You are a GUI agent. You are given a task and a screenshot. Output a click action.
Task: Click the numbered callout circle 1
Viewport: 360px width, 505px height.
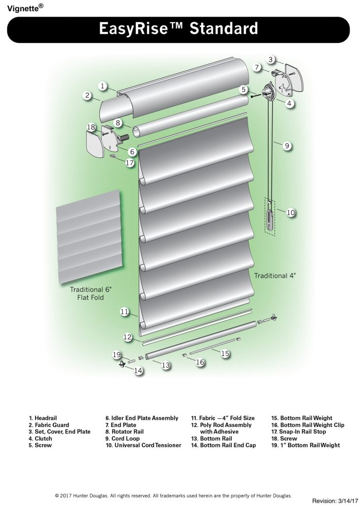point(103,86)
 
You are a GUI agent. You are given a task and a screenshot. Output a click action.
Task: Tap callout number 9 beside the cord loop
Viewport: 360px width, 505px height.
point(287,146)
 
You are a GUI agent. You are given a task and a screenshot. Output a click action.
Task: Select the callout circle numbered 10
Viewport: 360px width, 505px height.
point(291,213)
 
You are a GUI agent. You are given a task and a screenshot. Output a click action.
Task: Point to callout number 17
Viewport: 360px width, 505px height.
point(129,163)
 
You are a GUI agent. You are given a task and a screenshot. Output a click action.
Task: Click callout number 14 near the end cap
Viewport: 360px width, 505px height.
point(138,371)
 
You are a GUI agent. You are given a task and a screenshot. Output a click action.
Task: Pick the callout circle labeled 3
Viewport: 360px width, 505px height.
point(271,60)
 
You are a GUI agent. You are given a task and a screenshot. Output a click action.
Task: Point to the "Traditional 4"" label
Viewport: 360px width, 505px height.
point(275,276)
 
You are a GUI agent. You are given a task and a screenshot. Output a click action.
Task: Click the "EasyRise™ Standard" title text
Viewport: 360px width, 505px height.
point(179,28)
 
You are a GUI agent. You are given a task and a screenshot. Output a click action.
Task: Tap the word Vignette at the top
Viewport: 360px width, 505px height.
point(23,8)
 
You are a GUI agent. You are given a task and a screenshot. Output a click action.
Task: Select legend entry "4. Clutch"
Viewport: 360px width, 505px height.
point(40,438)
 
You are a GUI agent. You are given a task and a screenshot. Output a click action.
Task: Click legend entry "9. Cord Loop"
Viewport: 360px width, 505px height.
point(122,438)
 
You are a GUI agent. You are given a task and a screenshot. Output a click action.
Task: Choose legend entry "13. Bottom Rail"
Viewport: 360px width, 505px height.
point(212,438)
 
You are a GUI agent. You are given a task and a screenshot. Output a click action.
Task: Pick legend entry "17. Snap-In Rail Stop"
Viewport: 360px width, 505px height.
point(298,432)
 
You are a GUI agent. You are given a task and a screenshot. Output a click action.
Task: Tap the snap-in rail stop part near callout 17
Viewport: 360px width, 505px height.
point(113,156)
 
